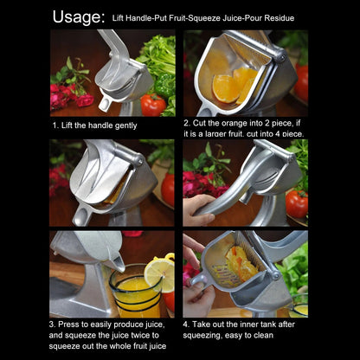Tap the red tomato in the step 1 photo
pyautogui.click(x=153, y=105)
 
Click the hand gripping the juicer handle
pyautogui.click(x=202, y=207)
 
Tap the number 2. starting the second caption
pyautogui.click(x=187, y=124)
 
